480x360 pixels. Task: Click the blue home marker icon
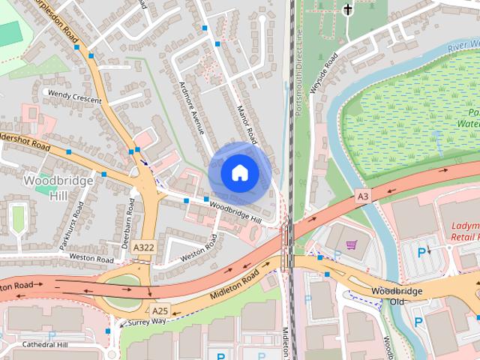[x=240, y=172]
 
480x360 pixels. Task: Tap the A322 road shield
[x=144, y=247]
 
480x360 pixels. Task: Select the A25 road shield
[x=160, y=310]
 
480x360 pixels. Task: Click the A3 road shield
[x=363, y=196]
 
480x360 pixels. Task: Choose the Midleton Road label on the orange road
[x=235, y=286]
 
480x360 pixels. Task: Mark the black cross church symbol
[x=347, y=10]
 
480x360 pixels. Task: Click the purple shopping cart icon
[x=351, y=244]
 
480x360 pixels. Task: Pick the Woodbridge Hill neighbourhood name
[x=58, y=187]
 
